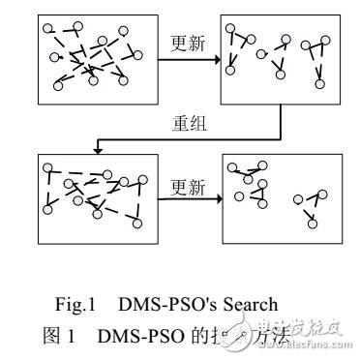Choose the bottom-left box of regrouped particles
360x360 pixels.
[x=85, y=197]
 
